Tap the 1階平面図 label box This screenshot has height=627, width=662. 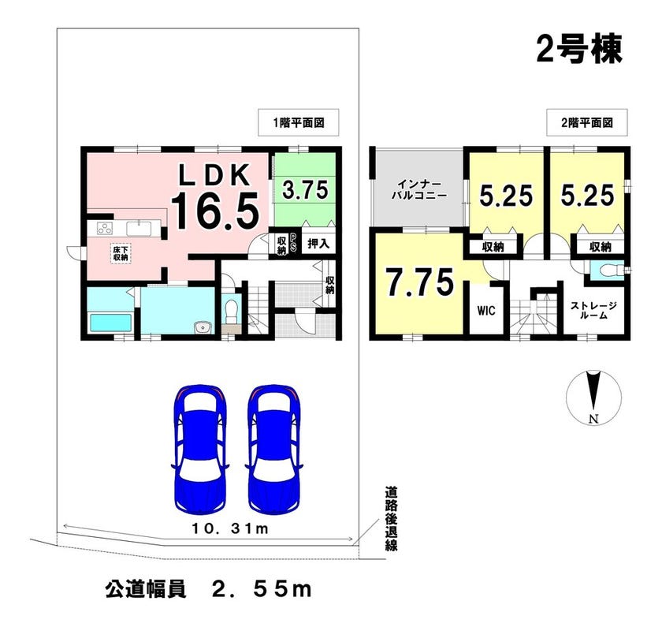pyautogui.click(x=299, y=122)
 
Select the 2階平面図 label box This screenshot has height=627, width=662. pyautogui.click(x=587, y=122)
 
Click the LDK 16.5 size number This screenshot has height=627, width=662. pyautogui.click(x=214, y=211)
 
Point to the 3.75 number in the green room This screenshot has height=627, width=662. pyautogui.click(x=305, y=190)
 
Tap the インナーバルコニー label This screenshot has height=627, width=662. pyautogui.click(x=418, y=190)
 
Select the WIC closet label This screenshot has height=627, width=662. pyautogui.click(x=486, y=311)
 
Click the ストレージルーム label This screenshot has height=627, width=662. pyautogui.click(x=594, y=310)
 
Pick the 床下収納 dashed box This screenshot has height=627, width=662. pyautogui.click(x=121, y=253)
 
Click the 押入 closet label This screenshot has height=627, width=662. pyautogui.click(x=318, y=244)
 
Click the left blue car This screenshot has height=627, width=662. pyautogui.click(x=200, y=448)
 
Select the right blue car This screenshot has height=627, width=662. pyautogui.click(x=274, y=448)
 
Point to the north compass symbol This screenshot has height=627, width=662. pyautogui.click(x=593, y=397)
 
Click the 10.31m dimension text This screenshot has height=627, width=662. pyautogui.click(x=230, y=528)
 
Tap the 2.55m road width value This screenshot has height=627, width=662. pyautogui.click(x=262, y=589)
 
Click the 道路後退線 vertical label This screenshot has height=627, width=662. pyautogui.click(x=391, y=519)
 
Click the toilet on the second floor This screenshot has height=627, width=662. pyautogui.click(x=608, y=269)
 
